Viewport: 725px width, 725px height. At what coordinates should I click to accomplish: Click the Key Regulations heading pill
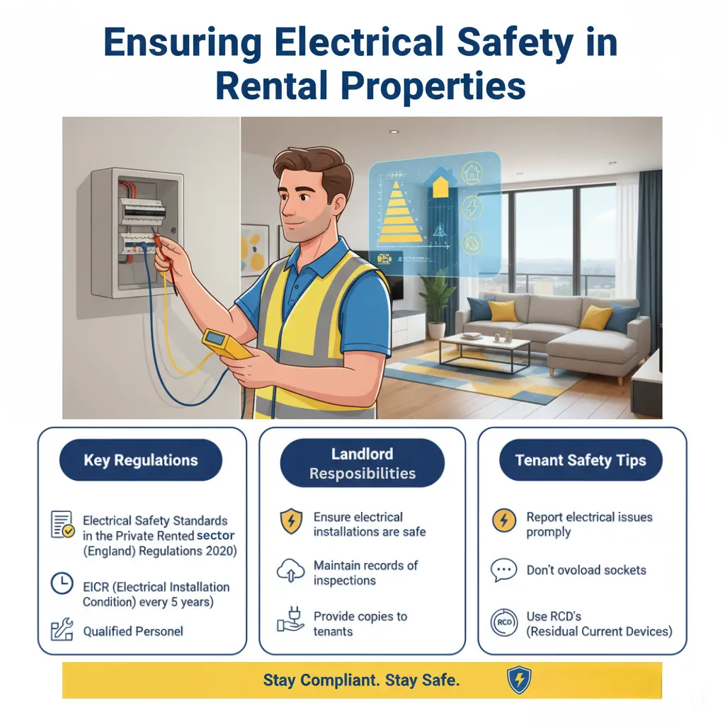pyautogui.click(x=142, y=460)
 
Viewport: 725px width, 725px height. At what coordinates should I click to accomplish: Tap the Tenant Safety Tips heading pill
pyautogui.click(x=581, y=460)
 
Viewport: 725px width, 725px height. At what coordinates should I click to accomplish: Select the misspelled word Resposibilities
pyautogui.click(x=362, y=474)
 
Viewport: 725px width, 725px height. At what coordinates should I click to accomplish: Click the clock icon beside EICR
pyautogui.click(x=62, y=583)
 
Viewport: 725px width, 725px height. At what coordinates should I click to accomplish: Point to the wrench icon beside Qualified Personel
pyautogui.click(x=62, y=629)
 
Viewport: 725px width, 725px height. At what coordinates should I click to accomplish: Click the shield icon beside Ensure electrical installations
pyautogui.click(x=291, y=522)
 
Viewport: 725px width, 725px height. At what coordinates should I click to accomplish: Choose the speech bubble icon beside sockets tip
pyautogui.click(x=503, y=571)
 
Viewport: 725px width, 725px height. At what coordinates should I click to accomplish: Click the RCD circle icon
pyautogui.click(x=503, y=623)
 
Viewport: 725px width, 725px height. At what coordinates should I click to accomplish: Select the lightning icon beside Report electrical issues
pyautogui.click(x=503, y=523)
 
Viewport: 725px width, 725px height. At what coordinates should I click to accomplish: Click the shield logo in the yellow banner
pyautogui.click(x=518, y=680)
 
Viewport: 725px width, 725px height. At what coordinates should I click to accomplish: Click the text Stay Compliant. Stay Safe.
pyautogui.click(x=362, y=680)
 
